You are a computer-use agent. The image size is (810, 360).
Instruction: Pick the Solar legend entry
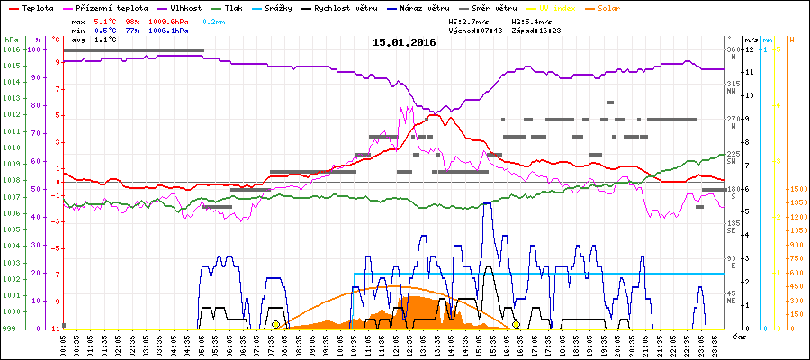pyautogui.click(x=608, y=8)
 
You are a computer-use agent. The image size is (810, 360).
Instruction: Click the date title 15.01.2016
pyautogui.click(x=404, y=41)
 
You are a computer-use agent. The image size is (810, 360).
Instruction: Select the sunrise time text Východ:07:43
pyautogui.click(x=475, y=31)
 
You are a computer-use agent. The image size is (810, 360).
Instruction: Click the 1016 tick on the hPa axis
pyautogui.click(x=11, y=49)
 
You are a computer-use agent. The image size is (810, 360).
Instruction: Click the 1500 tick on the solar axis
pyautogui.click(x=796, y=189)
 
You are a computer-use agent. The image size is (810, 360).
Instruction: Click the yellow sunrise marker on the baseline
pyautogui.click(x=276, y=324)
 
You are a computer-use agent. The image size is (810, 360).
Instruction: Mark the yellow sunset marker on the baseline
pyautogui.click(x=516, y=324)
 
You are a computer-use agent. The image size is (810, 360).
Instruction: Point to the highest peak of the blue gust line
pyautogui.click(x=487, y=203)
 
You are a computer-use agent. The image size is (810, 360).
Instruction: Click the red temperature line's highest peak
pyautogui.click(x=435, y=114)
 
